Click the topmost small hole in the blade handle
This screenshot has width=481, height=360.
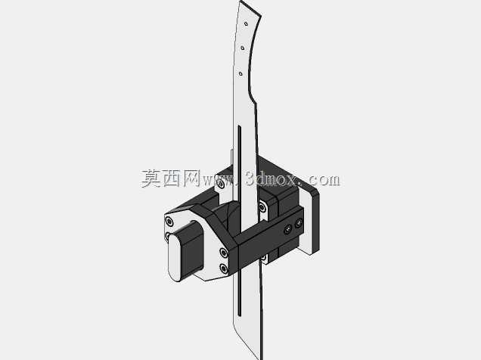click(246, 23)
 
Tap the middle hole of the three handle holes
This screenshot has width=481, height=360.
click(243, 48)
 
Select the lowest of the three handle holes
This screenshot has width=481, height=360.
click(240, 73)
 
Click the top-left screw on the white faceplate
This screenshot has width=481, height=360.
click(169, 221)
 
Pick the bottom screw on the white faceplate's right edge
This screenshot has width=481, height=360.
click(224, 269)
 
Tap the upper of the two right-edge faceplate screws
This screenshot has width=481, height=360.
click(224, 253)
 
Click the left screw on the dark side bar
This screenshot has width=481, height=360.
click(287, 229)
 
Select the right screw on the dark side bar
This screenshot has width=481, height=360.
click(299, 223)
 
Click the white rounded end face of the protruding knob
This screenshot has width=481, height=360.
click(175, 257)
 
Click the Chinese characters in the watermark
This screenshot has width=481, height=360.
click(171, 178)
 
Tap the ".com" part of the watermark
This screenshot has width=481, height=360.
click(321, 179)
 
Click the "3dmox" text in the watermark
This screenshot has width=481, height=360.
click(272, 179)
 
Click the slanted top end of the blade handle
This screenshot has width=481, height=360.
click(250, 8)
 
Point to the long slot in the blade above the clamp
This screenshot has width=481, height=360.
click(240, 163)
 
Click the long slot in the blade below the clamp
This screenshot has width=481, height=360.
click(240, 293)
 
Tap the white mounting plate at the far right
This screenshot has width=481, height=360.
click(310, 221)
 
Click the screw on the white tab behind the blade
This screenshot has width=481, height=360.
click(221, 184)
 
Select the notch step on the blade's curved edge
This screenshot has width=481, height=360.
click(253, 98)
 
